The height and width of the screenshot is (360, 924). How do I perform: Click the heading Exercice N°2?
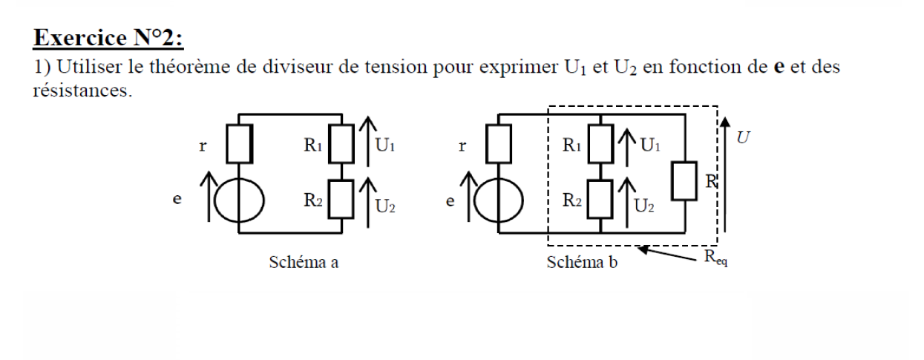tap(103, 36)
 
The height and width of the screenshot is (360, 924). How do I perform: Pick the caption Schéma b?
tap(577, 262)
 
